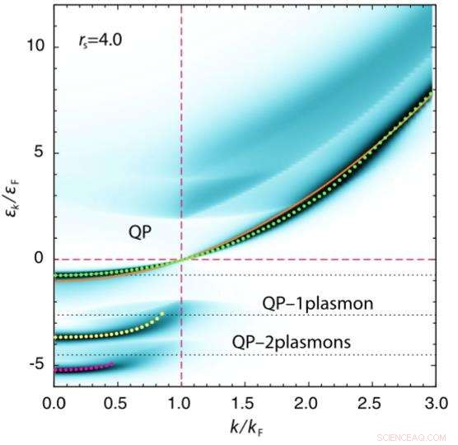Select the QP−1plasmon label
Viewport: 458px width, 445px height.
[318, 304]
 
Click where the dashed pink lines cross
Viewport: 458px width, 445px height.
[181, 259]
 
